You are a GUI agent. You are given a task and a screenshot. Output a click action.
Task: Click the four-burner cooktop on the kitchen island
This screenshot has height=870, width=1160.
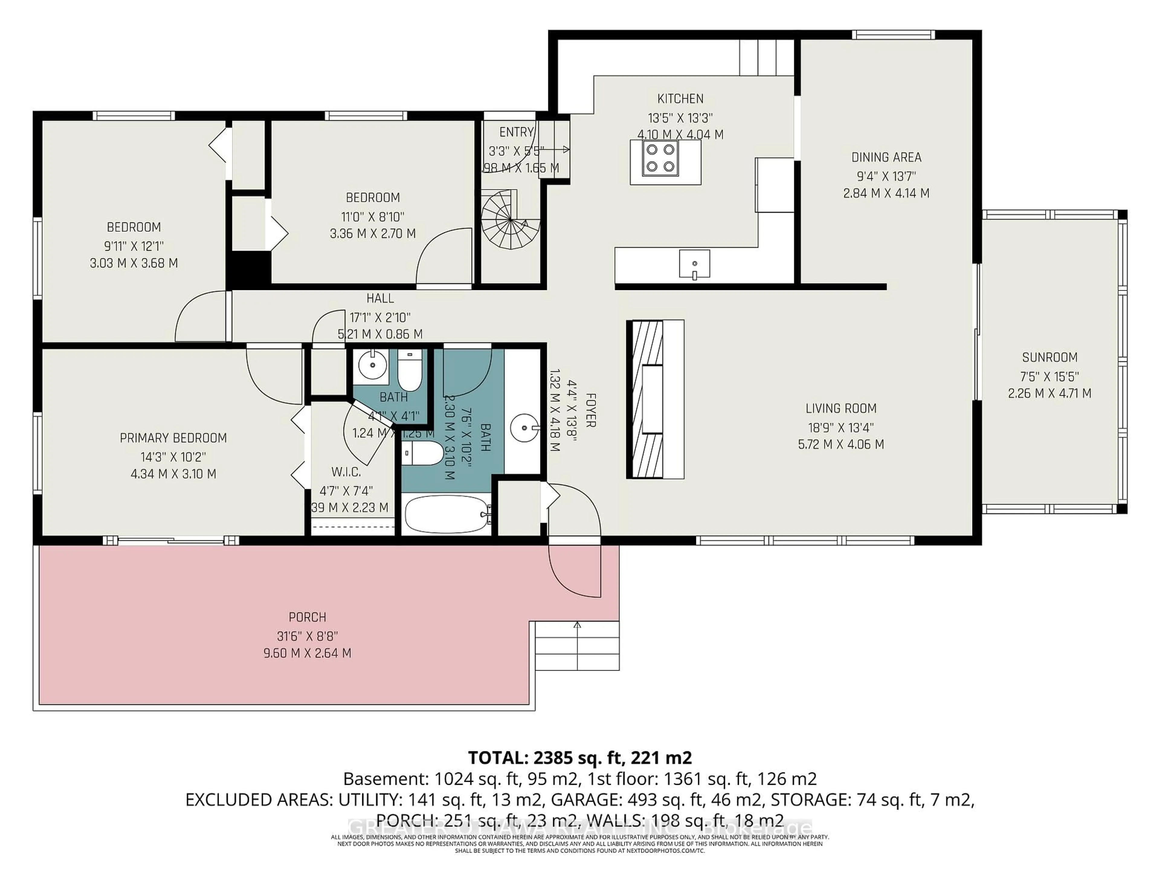660,158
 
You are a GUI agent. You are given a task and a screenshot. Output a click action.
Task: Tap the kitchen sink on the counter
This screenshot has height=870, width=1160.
694,264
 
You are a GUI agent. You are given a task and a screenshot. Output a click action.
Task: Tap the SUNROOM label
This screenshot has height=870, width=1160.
1049,358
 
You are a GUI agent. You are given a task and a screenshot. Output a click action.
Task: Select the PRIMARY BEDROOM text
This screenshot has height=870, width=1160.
173,438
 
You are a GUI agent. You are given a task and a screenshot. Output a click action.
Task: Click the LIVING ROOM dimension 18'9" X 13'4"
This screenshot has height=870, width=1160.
841,427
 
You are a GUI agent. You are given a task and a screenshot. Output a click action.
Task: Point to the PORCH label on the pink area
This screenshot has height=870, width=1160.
307,617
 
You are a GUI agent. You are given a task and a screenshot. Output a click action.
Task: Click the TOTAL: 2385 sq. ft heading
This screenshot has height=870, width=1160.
579,758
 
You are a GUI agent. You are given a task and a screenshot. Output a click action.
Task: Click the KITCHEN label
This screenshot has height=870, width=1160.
680,98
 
